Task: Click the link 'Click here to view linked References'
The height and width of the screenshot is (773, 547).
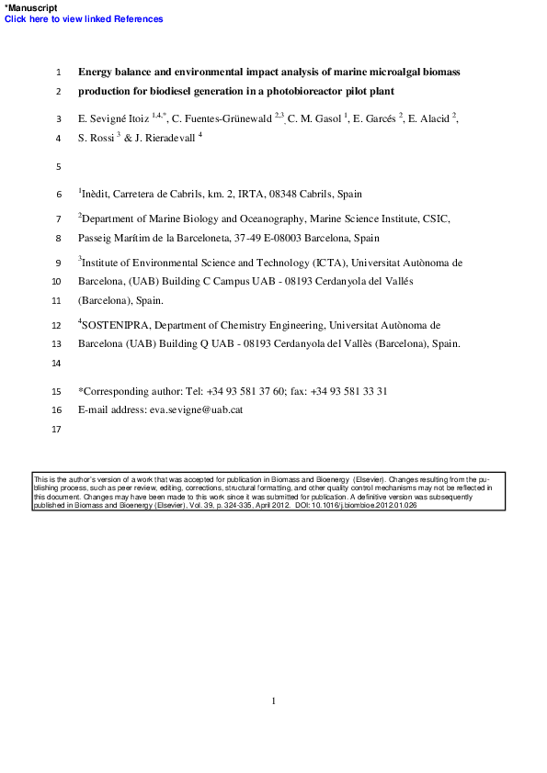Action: [84, 19]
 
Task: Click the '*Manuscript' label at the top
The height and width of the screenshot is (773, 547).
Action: [30, 7]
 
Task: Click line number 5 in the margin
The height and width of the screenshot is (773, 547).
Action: [58, 167]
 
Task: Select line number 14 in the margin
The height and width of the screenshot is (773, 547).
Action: [56, 364]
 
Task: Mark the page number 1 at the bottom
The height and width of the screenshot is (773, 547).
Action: [274, 701]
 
